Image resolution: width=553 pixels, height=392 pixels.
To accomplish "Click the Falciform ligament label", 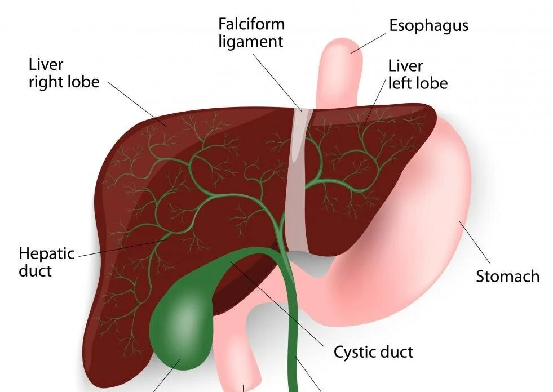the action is pyautogui.click(x=251, y=33).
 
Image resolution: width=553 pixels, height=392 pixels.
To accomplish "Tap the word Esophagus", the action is pyautogui.click(x=428, y=25).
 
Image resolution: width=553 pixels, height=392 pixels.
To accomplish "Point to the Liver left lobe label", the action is pyautogui.click(x=418, y=74).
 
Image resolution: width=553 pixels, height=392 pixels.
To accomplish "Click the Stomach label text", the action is pyautogui.click(x=507, y=277).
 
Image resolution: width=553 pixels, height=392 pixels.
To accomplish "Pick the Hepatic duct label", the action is pyautogui.click(x=46, y=262).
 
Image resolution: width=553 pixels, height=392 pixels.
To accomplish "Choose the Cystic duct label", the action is pyautogui.click(x=373, y=352).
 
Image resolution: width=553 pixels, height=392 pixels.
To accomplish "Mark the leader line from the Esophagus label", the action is pyautogui.click(x=369, y=42).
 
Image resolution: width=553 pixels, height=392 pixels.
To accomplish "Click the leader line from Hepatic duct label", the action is pyautogui.click(x=121, y=248).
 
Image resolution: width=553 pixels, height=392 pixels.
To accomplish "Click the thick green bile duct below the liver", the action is pyautogui.click(x=292, y=338).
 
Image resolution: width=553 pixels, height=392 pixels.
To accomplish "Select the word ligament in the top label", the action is pyautogui.click(x=251, y=41).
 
